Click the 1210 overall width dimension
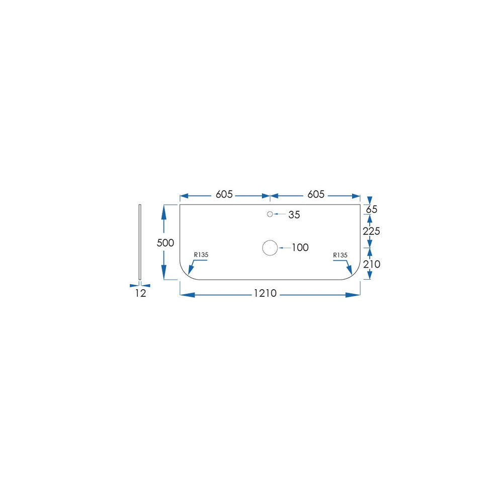[265, 293]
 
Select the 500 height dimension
[165, 243]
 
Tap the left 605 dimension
[224, 194]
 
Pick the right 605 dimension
[316, 194]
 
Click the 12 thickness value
[140, 293]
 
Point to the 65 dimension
[372, 209]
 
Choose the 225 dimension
[372, 231]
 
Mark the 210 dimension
[372, 265]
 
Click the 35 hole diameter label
[294, 215]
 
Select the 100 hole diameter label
[300, 247]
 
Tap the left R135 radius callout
[201, 255]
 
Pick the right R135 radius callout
[340, 255]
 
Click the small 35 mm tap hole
[270, 214]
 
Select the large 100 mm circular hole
[270, 240]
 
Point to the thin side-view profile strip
[140, 242]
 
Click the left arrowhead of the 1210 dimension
[187, 295]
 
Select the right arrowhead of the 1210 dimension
[353, 295]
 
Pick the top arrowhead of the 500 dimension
[164, 212]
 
